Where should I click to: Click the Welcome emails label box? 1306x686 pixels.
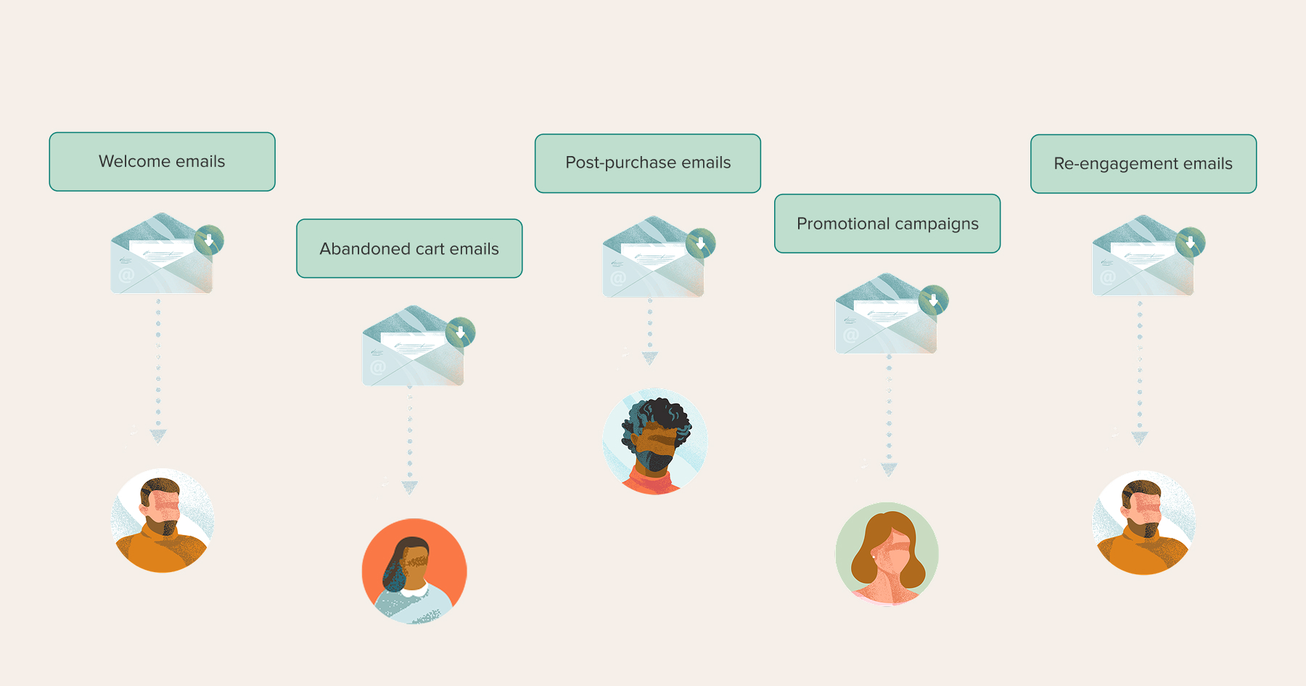click(x=162, y=162)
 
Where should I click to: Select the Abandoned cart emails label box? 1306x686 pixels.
click(x=409, y=248)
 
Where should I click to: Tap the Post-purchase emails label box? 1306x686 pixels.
click(x=648, y=163)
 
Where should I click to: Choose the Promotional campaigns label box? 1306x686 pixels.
click(x=887, y=224)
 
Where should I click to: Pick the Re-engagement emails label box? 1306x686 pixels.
click(x=1143, y=164)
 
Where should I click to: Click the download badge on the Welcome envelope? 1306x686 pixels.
click(x=209, y=240)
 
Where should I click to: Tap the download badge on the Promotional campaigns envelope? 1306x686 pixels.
click(x=934, y=300)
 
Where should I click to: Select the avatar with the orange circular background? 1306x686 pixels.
click(x=414, y=571)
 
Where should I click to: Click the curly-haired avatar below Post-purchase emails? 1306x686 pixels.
click(x=655, y=441)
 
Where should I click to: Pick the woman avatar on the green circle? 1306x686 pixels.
click(x=887, y=554)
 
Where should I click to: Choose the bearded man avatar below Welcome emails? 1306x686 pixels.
click(x=163, y=520)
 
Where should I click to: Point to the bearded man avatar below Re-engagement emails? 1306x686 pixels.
click(x=1144, y=523)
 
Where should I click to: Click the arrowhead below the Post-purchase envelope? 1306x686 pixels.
click(x=650, y=358)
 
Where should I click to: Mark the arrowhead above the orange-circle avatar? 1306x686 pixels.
click(x=410, y=487)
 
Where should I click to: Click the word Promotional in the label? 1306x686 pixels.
click(x=843, y=224)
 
